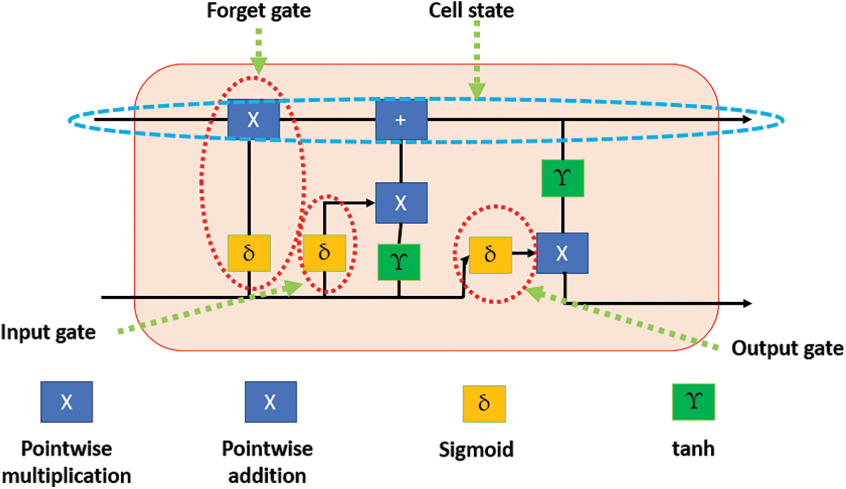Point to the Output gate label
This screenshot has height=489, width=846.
coord(787,348)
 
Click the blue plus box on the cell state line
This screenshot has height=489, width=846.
coord(401,119)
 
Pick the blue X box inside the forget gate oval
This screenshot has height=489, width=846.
coord(253,119)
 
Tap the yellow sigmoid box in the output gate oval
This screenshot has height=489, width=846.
coord(490,254)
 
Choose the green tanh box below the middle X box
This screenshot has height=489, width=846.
coord(399,262)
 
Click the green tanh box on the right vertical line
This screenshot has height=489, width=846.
coord(562,178)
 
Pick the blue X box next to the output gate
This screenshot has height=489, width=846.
coord(562,253)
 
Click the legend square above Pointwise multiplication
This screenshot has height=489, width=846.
coord(66,402)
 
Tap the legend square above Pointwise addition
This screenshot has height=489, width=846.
coord(270,402)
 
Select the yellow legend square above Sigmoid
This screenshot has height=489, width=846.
coord(483,403)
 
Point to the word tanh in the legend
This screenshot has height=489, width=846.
coord(694,449)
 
